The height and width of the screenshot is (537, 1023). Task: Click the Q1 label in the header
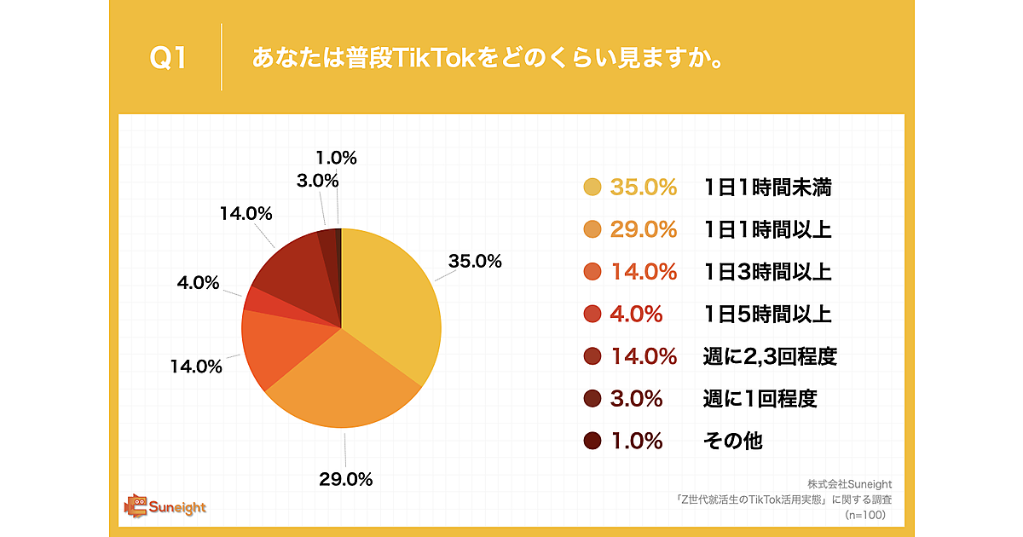[x=168, y=58]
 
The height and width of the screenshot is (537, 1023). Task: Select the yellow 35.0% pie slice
[x=392, y=307]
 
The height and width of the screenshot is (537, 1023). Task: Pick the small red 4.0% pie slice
[x=255, y=299]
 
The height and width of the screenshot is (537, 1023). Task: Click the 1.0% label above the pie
[x=336, y=158]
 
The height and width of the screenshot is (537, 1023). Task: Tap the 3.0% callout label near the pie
[x=318, y=181]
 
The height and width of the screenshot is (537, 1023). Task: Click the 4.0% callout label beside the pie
[x=198, y=282]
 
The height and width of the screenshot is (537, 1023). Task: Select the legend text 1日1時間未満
[x=767, y=188]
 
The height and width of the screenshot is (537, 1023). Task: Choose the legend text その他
[x=732, y=441]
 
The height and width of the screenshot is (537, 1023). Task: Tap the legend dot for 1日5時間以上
[x=592, y=315]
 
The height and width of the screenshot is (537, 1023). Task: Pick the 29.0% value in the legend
[x=643, y=230]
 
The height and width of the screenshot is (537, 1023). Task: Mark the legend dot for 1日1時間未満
[x=592, y=188]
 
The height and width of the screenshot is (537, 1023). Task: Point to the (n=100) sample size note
[x=865, y=515]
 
